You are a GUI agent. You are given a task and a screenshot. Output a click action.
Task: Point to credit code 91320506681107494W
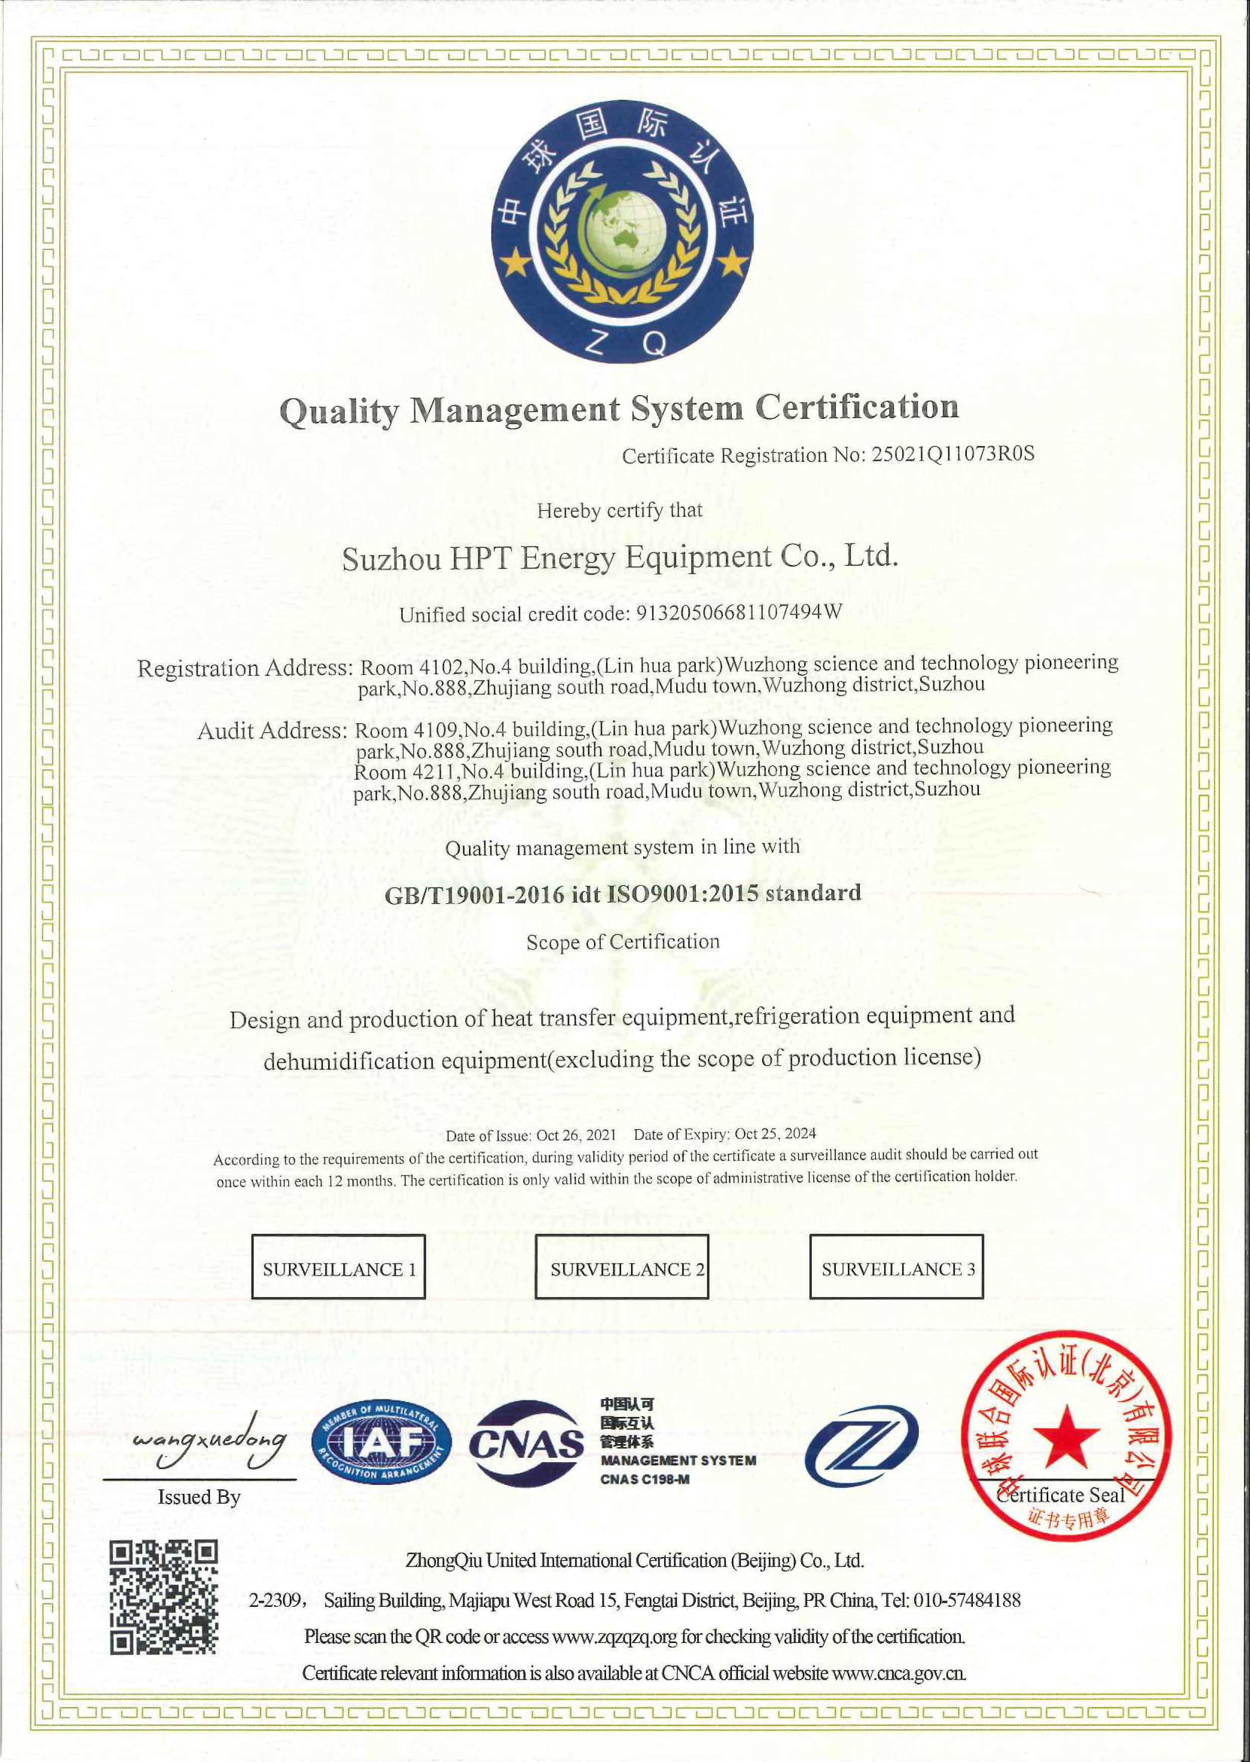click(x=736, y=613)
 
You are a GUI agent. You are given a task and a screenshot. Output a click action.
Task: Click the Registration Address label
click(x=244, y=668)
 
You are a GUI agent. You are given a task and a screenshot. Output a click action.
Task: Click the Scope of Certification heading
click(x=622, y=942)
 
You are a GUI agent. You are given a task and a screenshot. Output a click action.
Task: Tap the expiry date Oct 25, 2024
click(x=775, y=1134)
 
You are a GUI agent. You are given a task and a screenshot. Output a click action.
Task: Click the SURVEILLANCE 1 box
click(x=339, y=1269)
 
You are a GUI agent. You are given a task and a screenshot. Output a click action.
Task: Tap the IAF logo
click(x=382, y=1441)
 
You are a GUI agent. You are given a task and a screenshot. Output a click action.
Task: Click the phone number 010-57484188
click(x=967, y=1600)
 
